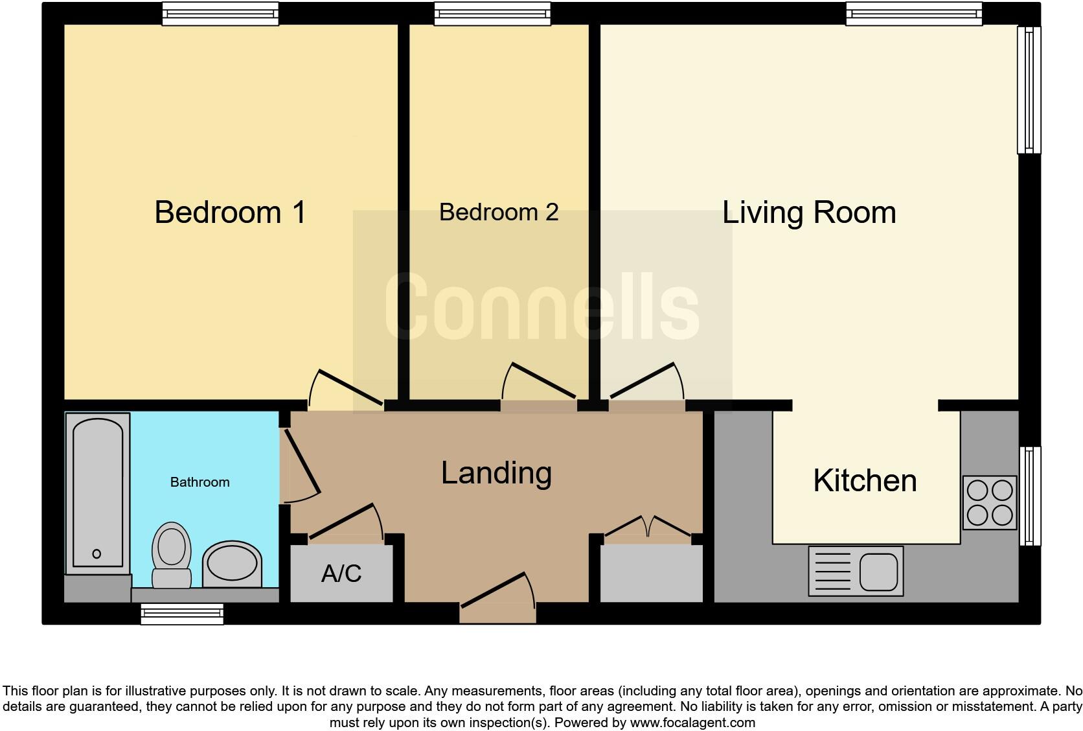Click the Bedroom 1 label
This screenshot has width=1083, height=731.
[x=230, y=212]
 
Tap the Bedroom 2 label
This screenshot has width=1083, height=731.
[x=498, y=212]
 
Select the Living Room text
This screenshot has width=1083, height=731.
[x=808, y=212]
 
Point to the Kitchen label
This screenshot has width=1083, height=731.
[x=865, y=481]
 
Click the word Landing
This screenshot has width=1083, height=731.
[x=496, y=472]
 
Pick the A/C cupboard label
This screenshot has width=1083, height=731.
[x=341, y=574]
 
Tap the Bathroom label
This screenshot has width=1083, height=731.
[x=199, y=482]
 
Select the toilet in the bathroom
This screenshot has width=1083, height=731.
[x=172, y=554]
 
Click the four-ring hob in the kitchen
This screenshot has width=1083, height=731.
[x=989, y=503]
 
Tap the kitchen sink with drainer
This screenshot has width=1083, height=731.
[x=855, y=571]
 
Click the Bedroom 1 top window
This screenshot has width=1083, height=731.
[x=220, y=13]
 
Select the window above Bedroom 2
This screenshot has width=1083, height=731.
[x=492, y=13]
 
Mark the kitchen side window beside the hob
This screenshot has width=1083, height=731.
[x=1030, y=496]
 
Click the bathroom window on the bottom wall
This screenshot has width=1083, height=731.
[x=182, y=613]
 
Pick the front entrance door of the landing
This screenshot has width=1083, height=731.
[x=498, y=596]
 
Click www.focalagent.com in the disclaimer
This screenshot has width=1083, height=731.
[x=692, y=722]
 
